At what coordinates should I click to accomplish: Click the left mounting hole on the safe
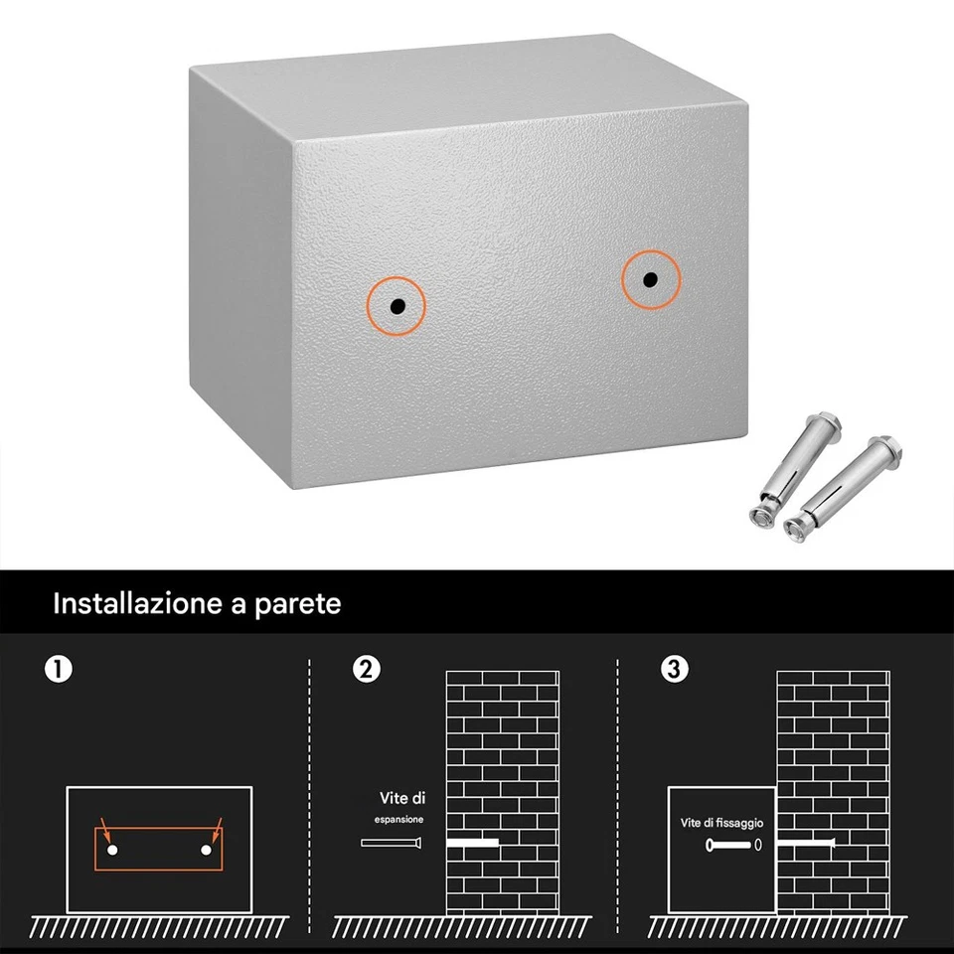coord(396,307)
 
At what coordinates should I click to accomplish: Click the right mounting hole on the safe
coord(649,279)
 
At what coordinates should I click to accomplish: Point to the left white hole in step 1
coord(112,851)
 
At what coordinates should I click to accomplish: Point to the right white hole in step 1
coord(207,851)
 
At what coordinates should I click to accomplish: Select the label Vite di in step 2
coord(402,798)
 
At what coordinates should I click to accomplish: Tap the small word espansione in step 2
coord(398,820)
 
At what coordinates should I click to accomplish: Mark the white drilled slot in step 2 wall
coord(473,843)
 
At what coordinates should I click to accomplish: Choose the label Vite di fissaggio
coord(721,823)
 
